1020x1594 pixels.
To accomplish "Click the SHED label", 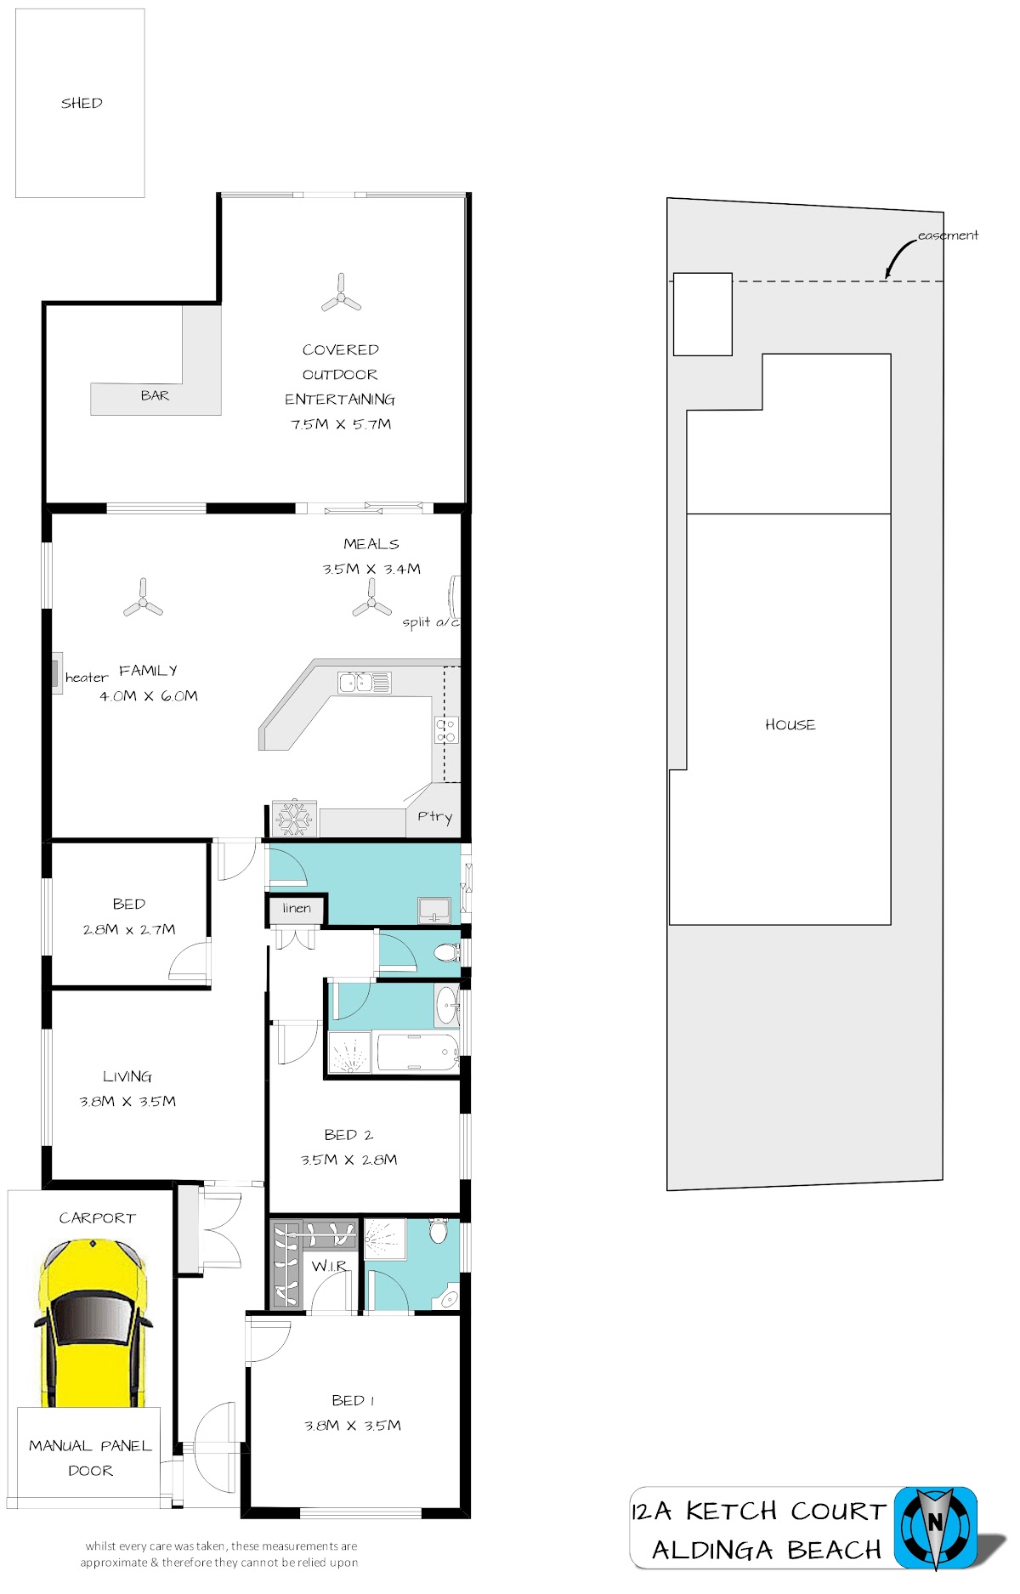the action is [x=82, y=103].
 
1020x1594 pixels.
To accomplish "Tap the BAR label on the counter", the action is [x=155, y=395].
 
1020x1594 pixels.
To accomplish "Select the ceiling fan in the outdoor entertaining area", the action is [x=341, y=294].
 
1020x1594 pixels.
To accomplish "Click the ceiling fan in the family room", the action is [x=143, y=598].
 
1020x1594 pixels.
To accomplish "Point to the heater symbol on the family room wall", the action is [x=57, y=673].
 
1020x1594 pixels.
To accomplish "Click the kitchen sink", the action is [x=365, y=683].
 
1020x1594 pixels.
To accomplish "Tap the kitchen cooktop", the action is [x=446, y=730].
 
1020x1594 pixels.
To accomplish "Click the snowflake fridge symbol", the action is [x=294, y=819].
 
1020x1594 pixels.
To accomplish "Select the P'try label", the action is [x=434, y=817].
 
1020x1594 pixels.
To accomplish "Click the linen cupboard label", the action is [x=297, y=908].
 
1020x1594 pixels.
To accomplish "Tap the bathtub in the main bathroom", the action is [x=417, y=1052].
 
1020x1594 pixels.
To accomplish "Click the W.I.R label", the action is [x=329, y=1266].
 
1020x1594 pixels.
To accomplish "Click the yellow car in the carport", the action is [x=92, y=1322].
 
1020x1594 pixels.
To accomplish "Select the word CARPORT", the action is [x=97, y=1218].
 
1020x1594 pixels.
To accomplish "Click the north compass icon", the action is [x=935, y=1528].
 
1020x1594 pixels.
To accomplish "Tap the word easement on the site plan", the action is [x=948, y=235].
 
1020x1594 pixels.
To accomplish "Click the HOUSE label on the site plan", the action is [x=790, y=725].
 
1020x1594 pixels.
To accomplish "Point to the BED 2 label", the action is [x=348, y=1135].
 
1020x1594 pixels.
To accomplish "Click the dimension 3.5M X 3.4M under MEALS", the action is [x=371, y=569].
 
